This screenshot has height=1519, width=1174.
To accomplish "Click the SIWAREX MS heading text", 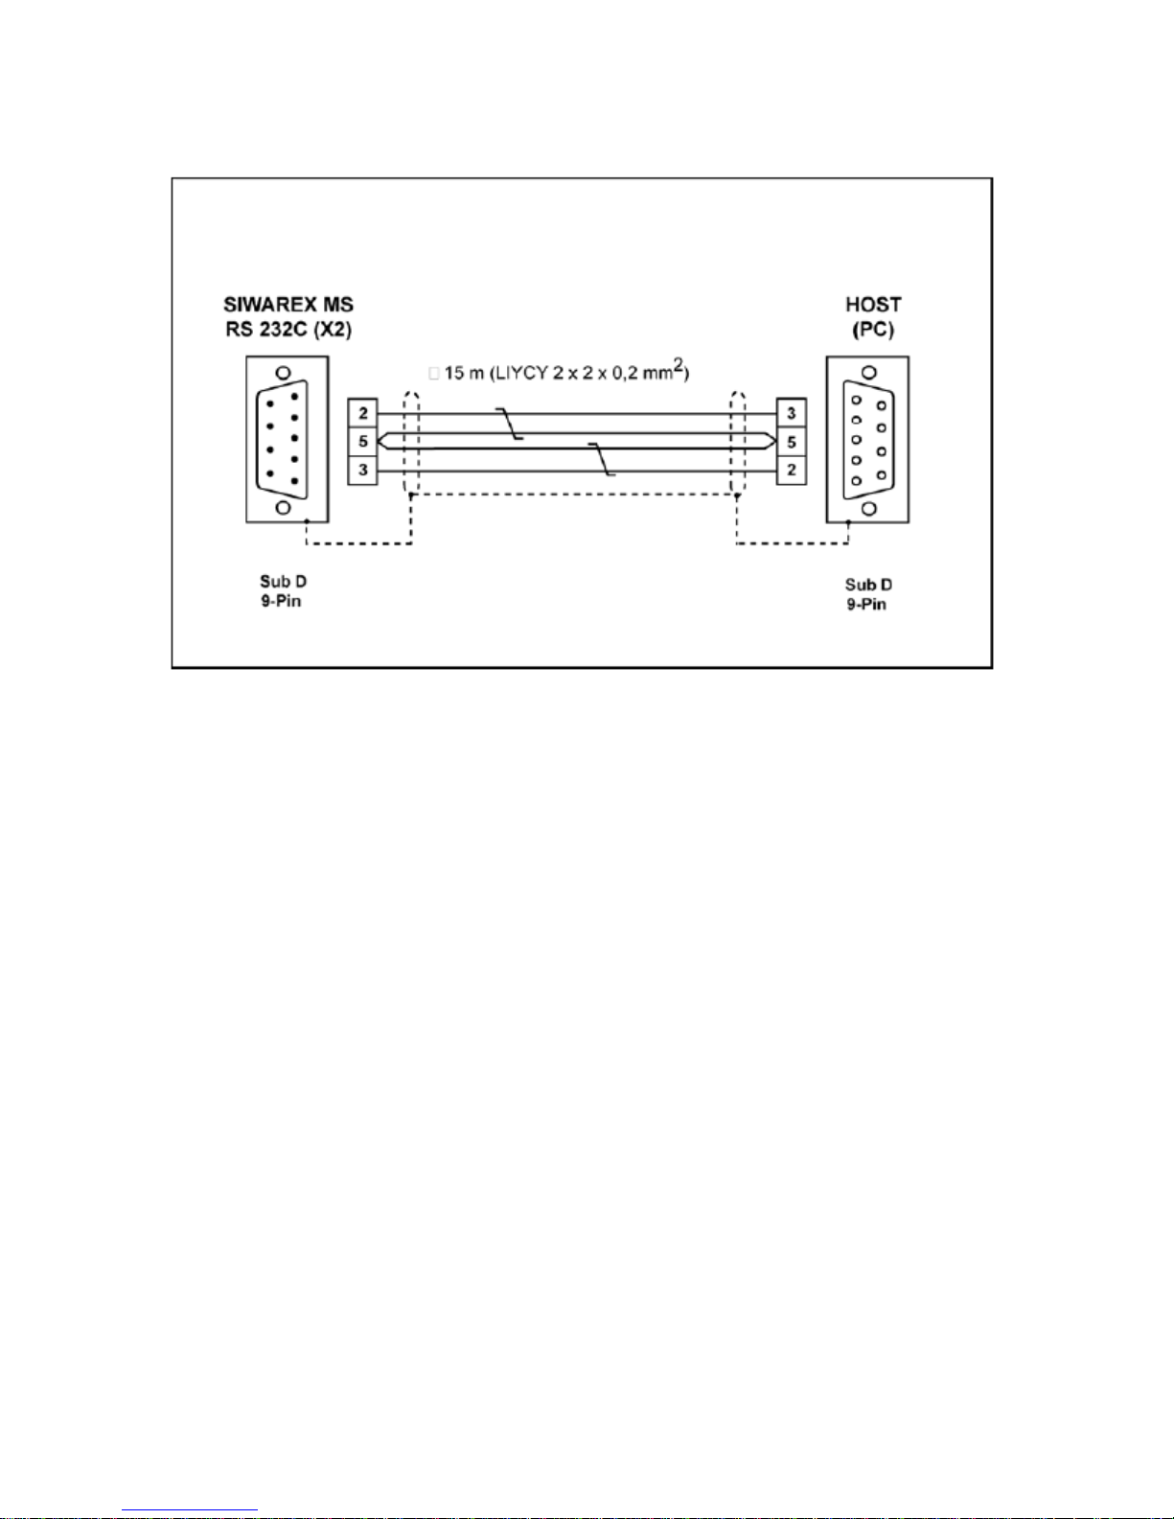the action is pyautogui.click(x=288, y=305).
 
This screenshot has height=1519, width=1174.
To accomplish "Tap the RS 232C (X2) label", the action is pyautogui.click(x=288, y=332).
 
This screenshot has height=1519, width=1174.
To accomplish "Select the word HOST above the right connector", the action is pyautogui.click(x=872, y=305).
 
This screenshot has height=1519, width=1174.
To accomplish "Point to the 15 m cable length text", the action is pyautogui.click(x=464, y=373).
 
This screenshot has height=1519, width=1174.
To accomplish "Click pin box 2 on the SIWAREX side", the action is pyautogui.click(x=362, y=414).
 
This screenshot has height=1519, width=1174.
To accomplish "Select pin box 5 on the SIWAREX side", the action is pyautogui.click(x=362, y=442).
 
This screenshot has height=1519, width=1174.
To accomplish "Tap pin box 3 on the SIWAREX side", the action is pyautogui.click(x=362, y=471).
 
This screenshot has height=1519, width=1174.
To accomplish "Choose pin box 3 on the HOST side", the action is pyautogui.click(x=791, y=414).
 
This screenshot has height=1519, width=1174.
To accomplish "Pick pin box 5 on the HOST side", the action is pyautogui.click(x=791, y=442).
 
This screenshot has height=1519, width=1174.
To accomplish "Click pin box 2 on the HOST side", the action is pyautogui.click(x=791, y=471).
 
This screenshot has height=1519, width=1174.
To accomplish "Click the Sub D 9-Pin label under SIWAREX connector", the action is pyautogui.click(x=282, y=591).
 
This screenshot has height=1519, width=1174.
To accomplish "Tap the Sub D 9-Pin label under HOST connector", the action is pyautogui.click(x=867, y=594).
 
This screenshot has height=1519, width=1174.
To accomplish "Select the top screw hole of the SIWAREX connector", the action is pyautogui.click(x=283, y=373).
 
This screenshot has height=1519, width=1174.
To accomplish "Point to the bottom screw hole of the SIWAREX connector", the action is pyautogui.click(x=284, y=508).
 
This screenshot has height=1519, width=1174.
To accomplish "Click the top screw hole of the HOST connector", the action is pyautogui.click(x=868, y=373).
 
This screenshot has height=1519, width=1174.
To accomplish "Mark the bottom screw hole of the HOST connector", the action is pyautogui.click(x=868, y=508).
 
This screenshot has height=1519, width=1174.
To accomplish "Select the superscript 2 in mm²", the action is pyautogui.click(x=678, y=364).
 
